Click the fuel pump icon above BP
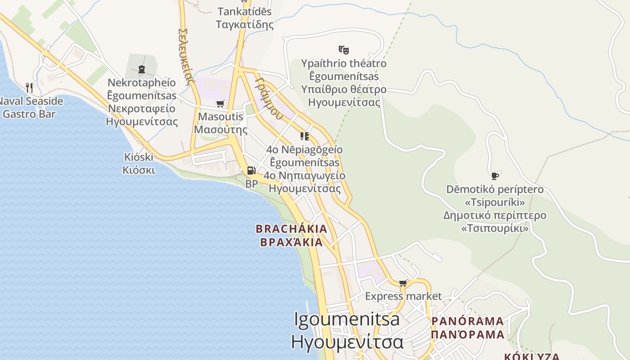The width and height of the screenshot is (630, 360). [x=251, y=171]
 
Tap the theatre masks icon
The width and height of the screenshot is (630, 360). [x=344, y=49]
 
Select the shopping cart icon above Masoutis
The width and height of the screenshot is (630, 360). [x=220, y=104]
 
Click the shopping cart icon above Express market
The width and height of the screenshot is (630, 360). [x=403, y=283]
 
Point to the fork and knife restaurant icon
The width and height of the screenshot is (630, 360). [x=29, y=87]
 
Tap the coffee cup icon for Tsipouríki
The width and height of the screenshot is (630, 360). [x=495, y=176]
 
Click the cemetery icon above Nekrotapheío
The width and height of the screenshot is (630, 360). [x=142, y=69]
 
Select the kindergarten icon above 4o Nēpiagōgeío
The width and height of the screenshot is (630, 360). [x=305, y=136]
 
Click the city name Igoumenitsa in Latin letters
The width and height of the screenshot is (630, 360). [x=346, y=319]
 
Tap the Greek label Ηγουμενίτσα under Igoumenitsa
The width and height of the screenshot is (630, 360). [x=347, y=342]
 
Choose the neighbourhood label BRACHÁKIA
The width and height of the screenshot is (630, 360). [x=291, y=229]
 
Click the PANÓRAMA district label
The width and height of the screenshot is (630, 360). [x=468, y=321]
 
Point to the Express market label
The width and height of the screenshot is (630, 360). [x=403, y=296]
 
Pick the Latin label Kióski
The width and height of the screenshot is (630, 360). [x=139, y=157]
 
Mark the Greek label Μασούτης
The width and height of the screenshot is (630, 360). [x=220, y=130]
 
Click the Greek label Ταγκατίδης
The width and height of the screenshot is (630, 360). [x=244, y=24]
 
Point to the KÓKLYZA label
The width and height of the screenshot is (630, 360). [x=531, y=356]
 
